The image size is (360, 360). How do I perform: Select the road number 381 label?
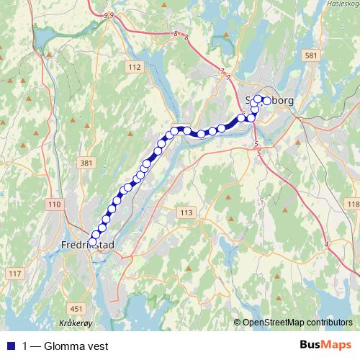click(86, 163)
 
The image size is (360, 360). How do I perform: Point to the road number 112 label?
click(134, 66)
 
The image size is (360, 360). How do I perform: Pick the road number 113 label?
click(186, 212)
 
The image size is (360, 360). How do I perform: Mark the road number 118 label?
click(353, 205)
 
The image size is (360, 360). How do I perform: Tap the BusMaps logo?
click(323, 346)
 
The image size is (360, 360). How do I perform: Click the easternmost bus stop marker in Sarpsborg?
click(267, 101)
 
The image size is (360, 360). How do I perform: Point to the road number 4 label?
click(327, 246)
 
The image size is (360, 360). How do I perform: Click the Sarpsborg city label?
click(270, 101)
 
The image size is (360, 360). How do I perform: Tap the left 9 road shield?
click(106, 14)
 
